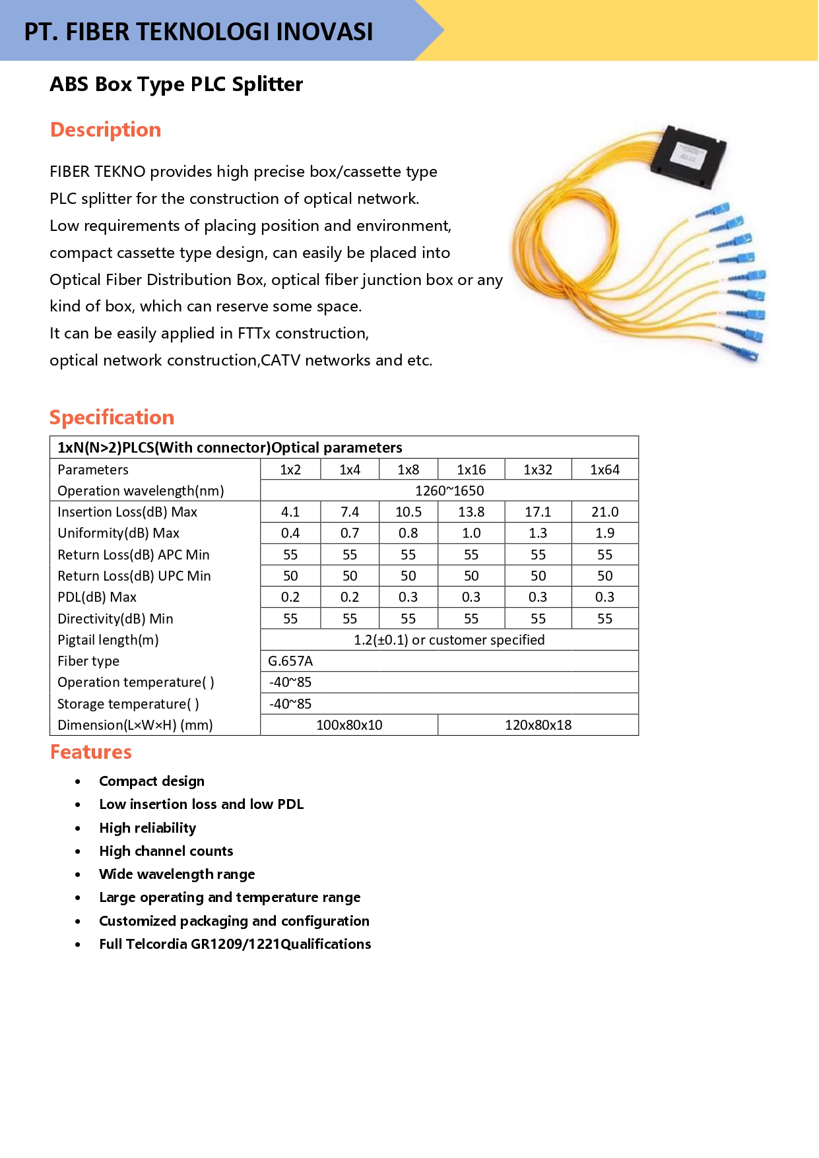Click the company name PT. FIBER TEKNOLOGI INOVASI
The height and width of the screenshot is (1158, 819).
pos(198,32)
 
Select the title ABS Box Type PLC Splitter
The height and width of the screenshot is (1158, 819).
pos(176,84)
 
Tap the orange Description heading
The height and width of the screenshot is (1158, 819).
pos(106,130)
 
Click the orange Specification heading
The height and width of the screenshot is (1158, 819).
pos(112,418)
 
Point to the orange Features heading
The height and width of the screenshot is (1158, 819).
pos(91,752)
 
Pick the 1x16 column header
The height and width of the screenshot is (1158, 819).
pos(471,470)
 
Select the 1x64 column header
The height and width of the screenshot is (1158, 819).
pos(605,470)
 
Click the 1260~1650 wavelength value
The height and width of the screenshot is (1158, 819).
pos(449,491)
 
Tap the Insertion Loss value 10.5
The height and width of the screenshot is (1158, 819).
pos(409,512)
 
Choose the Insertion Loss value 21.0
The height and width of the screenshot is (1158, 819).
pos(605,512)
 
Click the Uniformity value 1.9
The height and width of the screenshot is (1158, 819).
pos(605,533)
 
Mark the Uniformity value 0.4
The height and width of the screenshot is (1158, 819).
pos(290,533)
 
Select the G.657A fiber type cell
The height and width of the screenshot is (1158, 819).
pos(290,661)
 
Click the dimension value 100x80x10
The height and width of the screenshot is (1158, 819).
pos(349,725)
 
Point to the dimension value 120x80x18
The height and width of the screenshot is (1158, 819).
pos(538,725)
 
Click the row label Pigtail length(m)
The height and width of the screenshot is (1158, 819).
pos(108,640)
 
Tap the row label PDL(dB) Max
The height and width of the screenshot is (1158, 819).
pos(97,597)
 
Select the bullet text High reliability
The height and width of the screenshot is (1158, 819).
pos(148,828)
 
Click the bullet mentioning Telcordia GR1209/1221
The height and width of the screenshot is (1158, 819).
pos(235,944)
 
